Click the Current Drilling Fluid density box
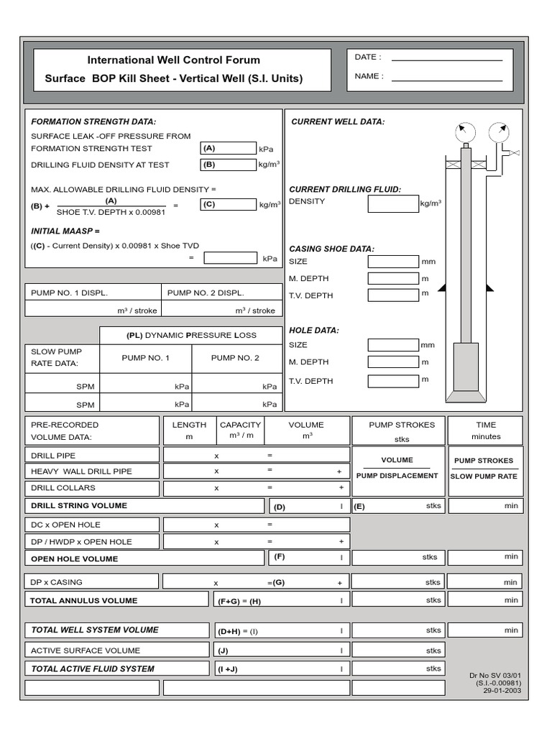point(393,203)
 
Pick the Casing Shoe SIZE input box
point(393,262)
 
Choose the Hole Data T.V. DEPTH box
point(393,380)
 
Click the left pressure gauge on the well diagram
point(465,132)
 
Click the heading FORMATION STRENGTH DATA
point(93,121)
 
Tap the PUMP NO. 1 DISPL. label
point(69,293)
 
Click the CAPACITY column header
point(240,425)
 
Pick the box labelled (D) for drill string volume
point(310,506)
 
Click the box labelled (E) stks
point(397,506)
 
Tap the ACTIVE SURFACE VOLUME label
point(86,650)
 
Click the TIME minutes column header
point(486,431)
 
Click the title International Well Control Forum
point(174,60)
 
